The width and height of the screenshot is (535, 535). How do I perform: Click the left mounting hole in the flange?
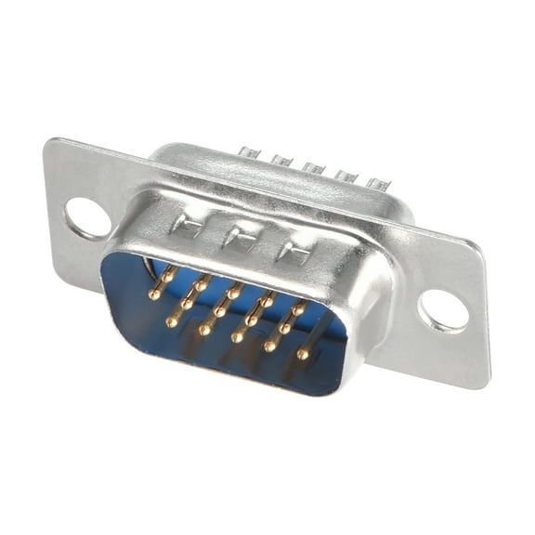click(x=87, y=218)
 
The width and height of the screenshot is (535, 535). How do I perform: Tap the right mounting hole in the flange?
click(x=443, y=309)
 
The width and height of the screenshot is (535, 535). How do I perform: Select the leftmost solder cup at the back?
click(x=247, y=151)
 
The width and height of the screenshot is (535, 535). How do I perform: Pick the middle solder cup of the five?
click(x=313, y=168)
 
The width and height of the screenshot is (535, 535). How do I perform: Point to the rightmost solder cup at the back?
click(x=375, y=183)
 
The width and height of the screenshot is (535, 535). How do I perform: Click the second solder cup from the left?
click(x=281, y=160)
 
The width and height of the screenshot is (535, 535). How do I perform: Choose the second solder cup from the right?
click(x=346, y=176)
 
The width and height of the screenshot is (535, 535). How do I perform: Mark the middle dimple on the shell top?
click(x=240, y=238)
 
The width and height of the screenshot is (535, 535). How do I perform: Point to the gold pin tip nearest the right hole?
click(x=303, y=354)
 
